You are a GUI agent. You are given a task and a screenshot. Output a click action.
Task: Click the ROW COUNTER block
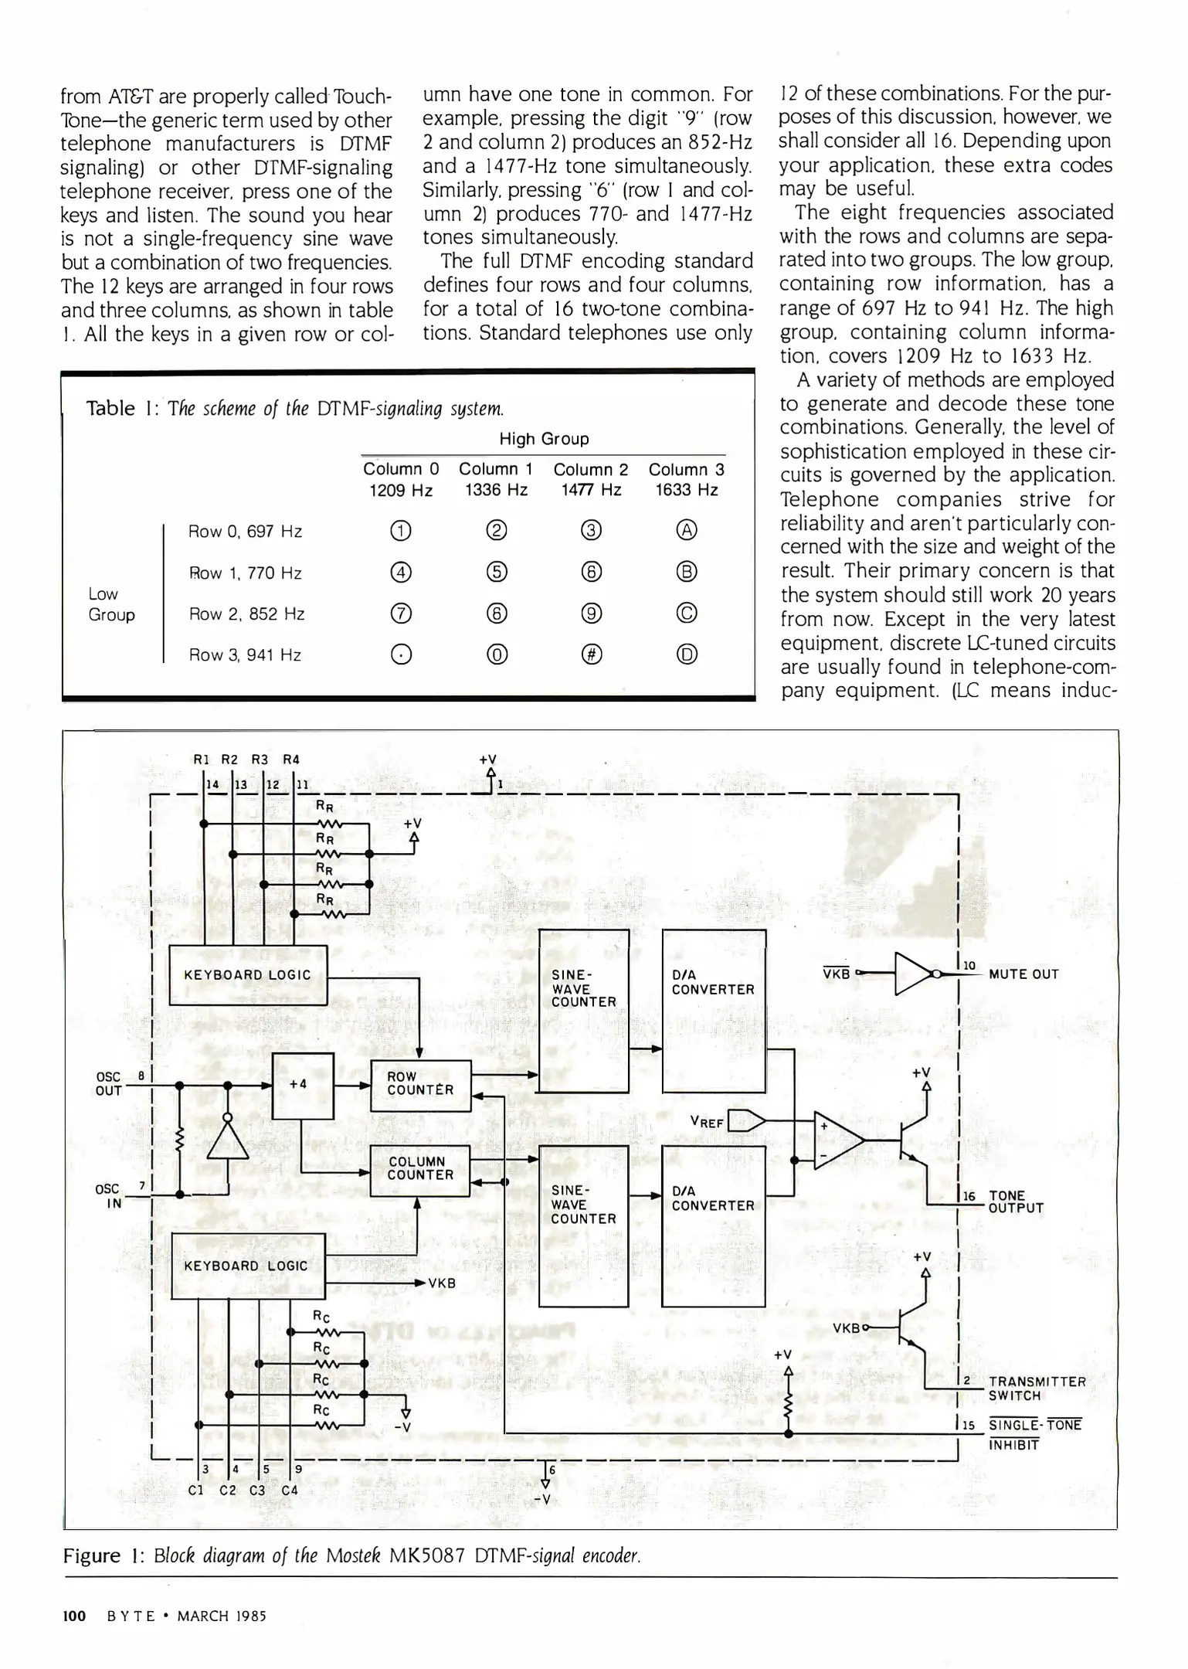[420, 1085]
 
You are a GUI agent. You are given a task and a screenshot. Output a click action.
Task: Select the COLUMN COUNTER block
[420, 1170]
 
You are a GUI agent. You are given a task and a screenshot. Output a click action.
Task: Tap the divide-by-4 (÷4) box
[303, 1085]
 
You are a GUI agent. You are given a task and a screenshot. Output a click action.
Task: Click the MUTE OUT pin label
[1023, 974]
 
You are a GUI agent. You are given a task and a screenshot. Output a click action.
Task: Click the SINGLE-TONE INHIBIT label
[1034, 1435]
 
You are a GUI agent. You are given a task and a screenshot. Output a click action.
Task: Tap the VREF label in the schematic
[707, 1121]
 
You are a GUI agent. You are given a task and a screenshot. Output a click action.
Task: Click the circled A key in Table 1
[687, 531]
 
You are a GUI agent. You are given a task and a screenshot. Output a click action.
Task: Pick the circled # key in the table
[592, 654]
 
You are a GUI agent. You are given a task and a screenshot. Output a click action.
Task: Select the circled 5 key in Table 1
[497, 573]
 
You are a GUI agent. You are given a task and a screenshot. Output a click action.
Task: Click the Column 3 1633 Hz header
[686, 479]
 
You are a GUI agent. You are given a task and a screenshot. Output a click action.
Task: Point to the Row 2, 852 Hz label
[246, 614]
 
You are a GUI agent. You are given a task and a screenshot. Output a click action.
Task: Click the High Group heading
[544, 439]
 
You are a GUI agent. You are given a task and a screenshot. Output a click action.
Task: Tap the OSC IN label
[108, 1196]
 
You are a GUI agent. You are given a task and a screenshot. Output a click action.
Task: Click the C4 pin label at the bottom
[289, 1490]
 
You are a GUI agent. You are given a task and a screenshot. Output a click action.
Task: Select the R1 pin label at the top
[201, 759]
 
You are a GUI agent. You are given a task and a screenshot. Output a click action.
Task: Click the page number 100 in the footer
[73, 1616]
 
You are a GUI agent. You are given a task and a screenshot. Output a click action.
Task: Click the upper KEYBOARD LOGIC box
[247, 975]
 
